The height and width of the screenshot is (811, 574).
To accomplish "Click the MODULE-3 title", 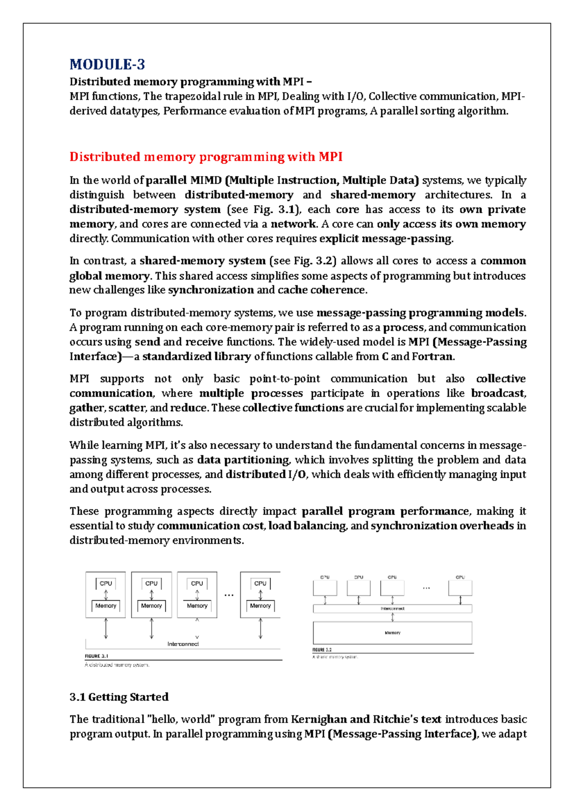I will [x=107, y=65].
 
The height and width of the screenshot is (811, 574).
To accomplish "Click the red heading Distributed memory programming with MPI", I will [x=206, y=157].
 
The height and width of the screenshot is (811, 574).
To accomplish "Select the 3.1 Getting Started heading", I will [x=119, y=697].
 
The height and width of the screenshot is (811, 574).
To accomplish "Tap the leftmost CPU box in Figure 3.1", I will [x=106, y=583].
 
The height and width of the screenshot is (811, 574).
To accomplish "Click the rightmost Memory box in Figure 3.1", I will [x=260, y=606].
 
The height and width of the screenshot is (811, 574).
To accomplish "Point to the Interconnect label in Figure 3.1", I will [x=183, y=644].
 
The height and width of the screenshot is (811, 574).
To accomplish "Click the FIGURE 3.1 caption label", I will [x=97, y=656].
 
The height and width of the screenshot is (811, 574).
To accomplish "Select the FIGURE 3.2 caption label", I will [x=322, y=650].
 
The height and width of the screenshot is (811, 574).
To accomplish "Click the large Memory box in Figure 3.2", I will [x=392, y=633].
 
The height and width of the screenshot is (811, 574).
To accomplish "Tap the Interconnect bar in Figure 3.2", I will [x=392, y=609].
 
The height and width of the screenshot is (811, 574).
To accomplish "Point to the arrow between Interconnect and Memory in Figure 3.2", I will [x=393, y=617].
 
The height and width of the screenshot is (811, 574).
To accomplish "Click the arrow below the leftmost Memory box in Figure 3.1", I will [x=106, y=628].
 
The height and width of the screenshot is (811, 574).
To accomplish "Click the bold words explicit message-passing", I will [x=386, y=239].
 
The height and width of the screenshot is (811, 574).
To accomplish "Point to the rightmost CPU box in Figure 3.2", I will [x=460, y=588].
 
